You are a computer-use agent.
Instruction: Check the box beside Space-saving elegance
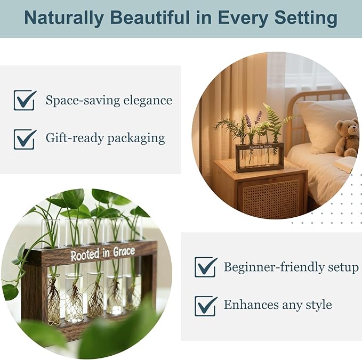coord(25,100)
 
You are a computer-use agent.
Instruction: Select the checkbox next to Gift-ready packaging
coord(25,138)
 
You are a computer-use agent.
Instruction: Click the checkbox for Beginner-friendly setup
coord(205,267)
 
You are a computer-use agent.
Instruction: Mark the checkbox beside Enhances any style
coord(205,306)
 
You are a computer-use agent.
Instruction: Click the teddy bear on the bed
coord(348,137)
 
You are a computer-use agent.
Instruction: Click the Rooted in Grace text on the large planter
coord(103,253)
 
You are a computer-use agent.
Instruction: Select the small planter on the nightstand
coord(259,157)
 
